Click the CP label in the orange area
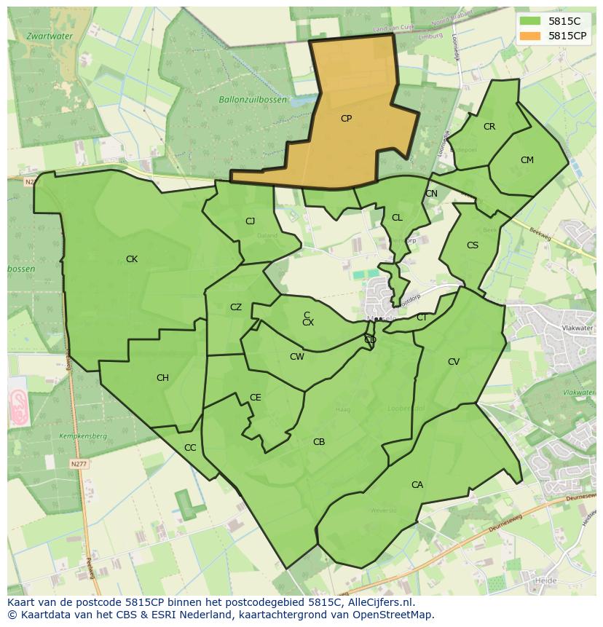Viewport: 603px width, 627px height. point(346,118)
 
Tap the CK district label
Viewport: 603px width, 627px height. point(132,259)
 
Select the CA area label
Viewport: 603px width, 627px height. point(417,484)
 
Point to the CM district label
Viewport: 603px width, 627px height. point(527,160)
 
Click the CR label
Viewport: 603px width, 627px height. point(489,127)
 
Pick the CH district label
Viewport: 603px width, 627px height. point(162,377)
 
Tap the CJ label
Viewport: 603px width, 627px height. point(250,221)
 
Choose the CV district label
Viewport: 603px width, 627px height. point(454,361)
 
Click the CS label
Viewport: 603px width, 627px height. point(473,245)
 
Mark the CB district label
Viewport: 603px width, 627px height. point(319,441)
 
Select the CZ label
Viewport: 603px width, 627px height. point(236,307)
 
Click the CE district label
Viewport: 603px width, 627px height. point(255,397)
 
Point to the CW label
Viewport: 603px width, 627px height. point(296,356)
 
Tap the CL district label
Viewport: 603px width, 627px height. point(397,217)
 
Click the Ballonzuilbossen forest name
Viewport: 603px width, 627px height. point(253,99)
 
